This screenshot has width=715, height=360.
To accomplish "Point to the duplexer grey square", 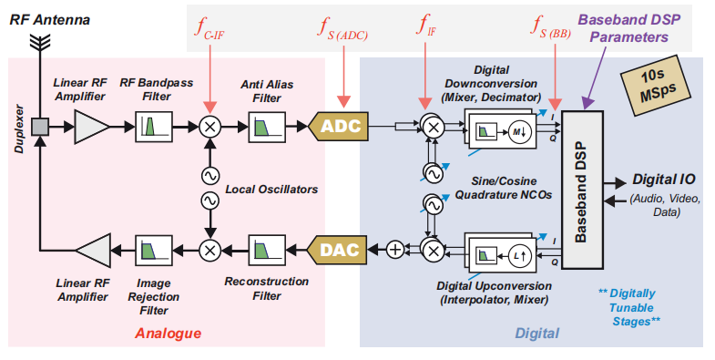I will pos(40,128).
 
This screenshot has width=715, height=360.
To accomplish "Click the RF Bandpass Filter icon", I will pos(150,128).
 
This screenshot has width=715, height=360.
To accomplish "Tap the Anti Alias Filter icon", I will pos(266,128).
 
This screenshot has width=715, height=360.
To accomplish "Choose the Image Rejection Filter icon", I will pos(150,247).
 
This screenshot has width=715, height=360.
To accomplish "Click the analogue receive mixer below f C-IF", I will pos(209,128).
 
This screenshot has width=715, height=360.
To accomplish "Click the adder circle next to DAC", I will pos(394,248).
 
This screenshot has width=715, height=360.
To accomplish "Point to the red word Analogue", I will pos(168,334).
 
